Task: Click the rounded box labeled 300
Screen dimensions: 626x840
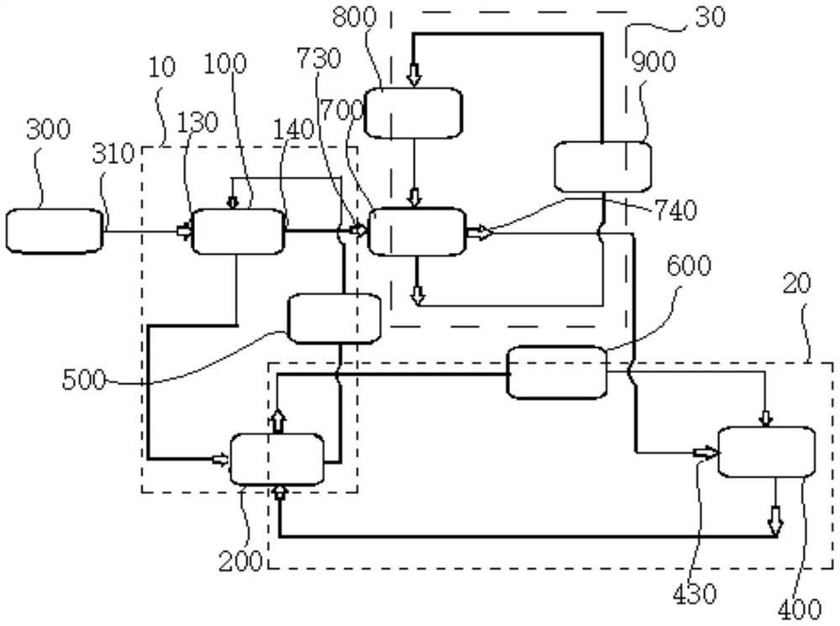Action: [55, 232]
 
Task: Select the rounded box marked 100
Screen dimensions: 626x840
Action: [239, 231]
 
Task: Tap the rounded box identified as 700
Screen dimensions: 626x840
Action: [417, 232]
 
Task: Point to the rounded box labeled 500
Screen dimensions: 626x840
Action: [333, 318]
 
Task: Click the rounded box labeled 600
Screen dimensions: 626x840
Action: [556, 371]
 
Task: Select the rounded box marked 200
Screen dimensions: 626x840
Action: [276, 459]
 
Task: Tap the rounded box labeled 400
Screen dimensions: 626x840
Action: [766, 452]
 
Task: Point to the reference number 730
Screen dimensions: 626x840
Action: [318, 60]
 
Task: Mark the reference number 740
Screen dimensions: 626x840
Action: [674, 211]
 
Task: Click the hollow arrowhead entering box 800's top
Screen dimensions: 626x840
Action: [414, 76]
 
